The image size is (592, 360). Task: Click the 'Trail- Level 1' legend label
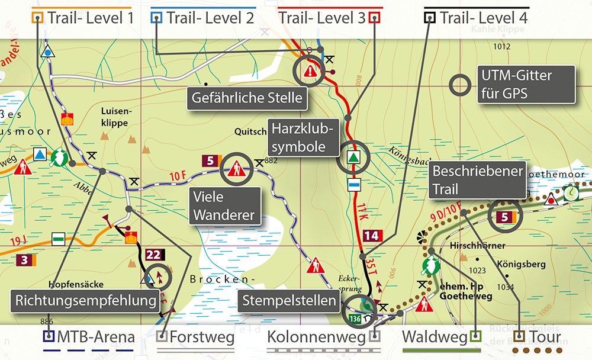click(90, 18)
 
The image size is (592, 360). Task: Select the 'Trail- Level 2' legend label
click(210, 18)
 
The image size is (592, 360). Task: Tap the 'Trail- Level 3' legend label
click(322, 18)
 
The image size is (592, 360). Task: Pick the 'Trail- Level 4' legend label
click(484, 18)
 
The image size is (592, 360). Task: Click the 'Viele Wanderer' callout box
click(225, 205)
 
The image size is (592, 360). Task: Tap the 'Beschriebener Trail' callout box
click(478, 181)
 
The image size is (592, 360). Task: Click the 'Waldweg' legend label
click(435, 338)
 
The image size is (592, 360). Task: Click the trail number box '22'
click(153, 255)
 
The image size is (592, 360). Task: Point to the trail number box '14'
click(371, 236)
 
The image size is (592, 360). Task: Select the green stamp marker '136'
click(355, 319)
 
